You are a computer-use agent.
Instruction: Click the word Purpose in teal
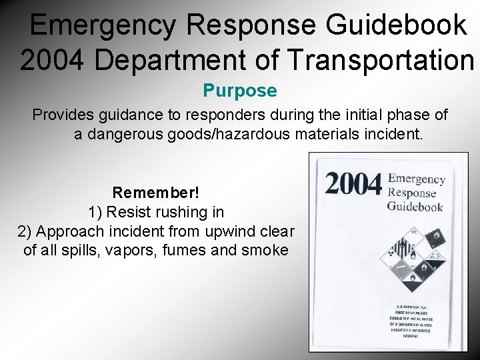[239, 90]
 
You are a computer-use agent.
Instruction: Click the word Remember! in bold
[155, 193]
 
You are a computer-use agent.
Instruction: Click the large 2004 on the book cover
[354, 184]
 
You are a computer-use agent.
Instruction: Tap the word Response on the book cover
[411, 193]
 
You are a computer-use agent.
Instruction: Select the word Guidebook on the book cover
[415, 207]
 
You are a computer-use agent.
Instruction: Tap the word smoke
[265, 251]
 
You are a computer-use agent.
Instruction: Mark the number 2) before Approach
[25, 231]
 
